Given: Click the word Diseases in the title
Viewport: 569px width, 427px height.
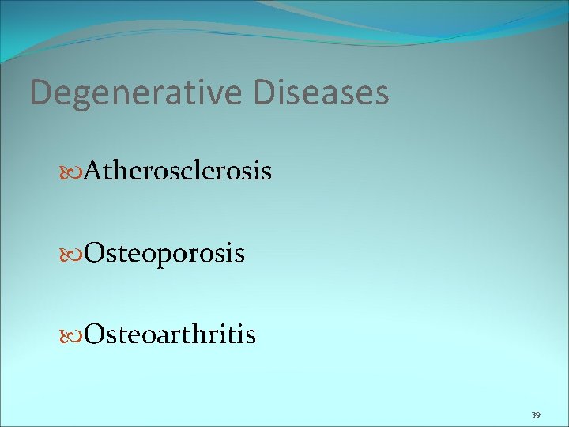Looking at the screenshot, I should pos(322,93).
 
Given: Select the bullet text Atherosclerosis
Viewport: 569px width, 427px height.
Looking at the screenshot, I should pos(179,170).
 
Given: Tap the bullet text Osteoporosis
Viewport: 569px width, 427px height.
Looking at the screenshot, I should pos(164,253).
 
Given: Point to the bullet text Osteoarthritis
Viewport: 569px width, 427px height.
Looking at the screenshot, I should pos(170,334).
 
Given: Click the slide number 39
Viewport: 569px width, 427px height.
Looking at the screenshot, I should pos(535,414).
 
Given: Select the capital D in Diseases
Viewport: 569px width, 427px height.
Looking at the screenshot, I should pos(266,93).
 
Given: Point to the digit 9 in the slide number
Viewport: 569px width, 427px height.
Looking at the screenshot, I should pos(538,414).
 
